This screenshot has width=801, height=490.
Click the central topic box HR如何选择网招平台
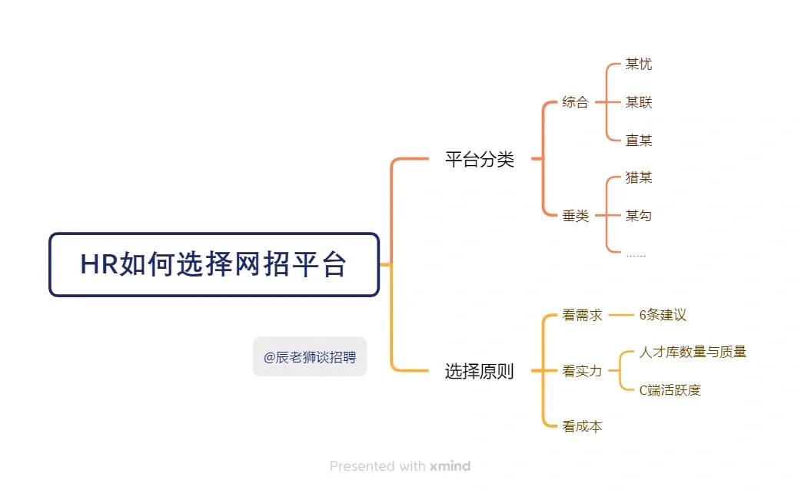point(214,265)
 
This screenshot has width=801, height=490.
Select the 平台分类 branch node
point(480,160)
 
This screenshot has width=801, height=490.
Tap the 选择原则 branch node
point(480,372)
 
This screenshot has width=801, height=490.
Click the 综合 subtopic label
point(575,102)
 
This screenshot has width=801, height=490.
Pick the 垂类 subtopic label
point(575,216)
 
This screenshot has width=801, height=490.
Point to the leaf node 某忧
point(639,65)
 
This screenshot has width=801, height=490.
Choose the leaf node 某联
point(639,102)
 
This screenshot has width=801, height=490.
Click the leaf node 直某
point(639,141)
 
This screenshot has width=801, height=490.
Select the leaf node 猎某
point(639,178)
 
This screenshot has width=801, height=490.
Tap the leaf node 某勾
point(639,216)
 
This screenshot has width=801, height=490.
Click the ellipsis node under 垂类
point(636,253)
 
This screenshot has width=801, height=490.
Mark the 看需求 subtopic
point(582,315)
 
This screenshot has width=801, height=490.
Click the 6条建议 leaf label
point(663,315)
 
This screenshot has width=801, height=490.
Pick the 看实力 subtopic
point(582,372)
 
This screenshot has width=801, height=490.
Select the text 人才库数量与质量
point(693,353)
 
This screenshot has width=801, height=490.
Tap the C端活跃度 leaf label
point(670,390)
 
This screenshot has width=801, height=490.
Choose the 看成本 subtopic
point(582,426)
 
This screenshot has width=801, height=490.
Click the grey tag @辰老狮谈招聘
point(310,357)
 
